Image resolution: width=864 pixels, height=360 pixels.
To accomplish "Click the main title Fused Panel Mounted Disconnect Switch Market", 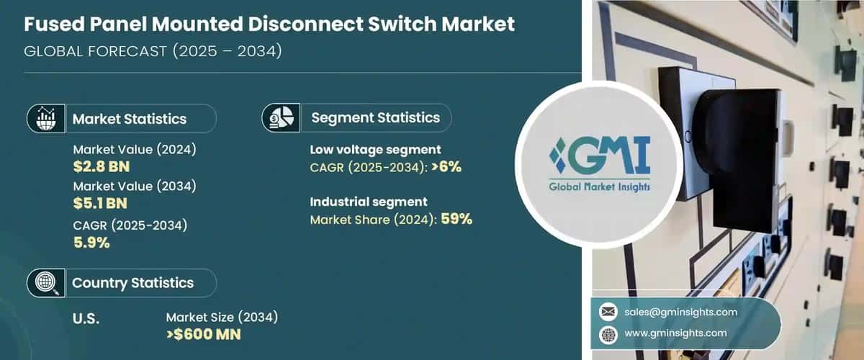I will [269, 24].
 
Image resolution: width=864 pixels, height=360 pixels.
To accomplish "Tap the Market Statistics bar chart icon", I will [46, 119].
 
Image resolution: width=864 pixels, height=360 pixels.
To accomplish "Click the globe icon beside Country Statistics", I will [46, 283].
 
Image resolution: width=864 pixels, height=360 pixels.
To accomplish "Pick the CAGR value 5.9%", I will [91, 243].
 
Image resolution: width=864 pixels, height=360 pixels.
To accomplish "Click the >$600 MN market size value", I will [204, 335].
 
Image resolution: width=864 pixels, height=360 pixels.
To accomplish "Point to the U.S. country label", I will [86, 318].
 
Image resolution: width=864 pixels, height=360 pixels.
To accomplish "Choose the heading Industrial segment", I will [369, 202].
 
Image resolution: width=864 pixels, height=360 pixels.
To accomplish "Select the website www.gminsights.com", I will [674, 333].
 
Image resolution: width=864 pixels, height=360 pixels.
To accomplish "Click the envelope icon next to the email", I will [608, 312].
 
